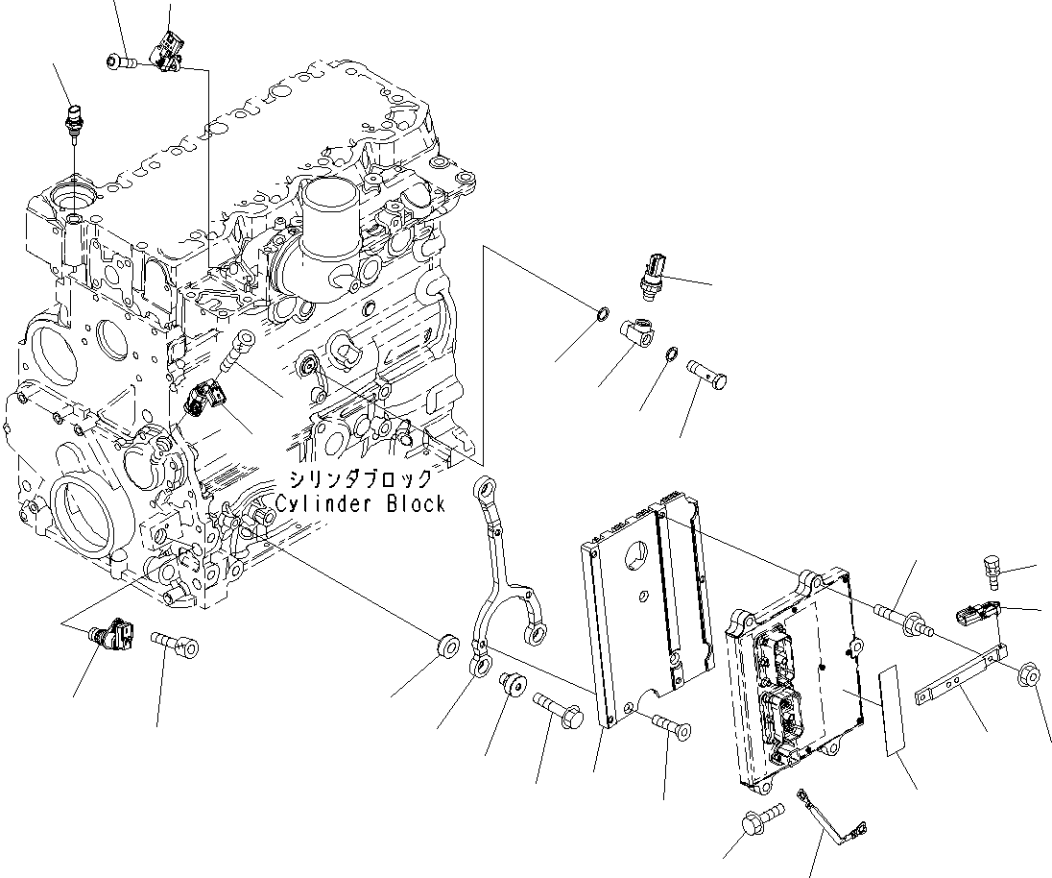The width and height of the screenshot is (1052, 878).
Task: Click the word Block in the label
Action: pos(415,504)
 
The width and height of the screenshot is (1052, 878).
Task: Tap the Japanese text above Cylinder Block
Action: pos(355,479)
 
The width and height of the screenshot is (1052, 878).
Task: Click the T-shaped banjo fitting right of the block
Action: pos(636,331)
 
